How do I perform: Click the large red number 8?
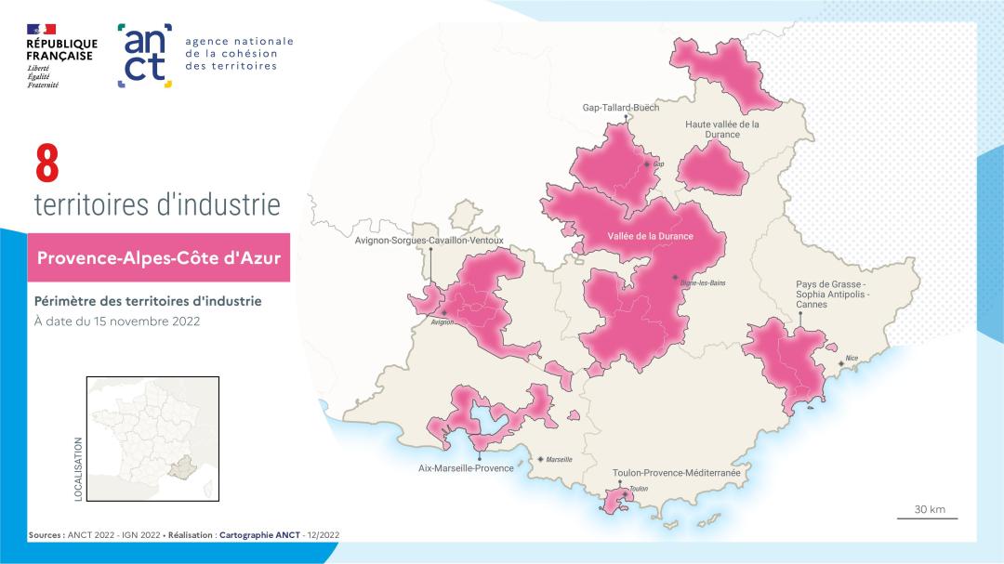pyautogui.click(x=46, y=164)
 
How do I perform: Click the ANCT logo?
pyautogui.click(x=144, y=56)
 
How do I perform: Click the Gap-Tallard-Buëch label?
pyautogui.click(x=620, y=107)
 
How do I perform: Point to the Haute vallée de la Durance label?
pyautogui.click(x=722, y=129)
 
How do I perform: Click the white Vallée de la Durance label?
pyautogui.click(x=650, y=236)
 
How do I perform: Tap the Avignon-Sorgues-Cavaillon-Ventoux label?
pyautogui.click(x=429, y=241)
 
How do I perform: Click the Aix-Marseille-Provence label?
pyautogui.click(x=466, y=468)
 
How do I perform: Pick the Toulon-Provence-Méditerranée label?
pyautogui.click(x=676, y=473)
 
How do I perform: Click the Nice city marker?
pyautogui.click(x=841, y=363)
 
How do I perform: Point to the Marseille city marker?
pyautogui.click(x=541, y=459)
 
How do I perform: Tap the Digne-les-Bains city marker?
pyautogui.click(x=675, y=277)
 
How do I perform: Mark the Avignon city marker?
pyautogui.click(x=444, y=313)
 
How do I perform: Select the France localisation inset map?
pyautogui.click(x=152, y=439)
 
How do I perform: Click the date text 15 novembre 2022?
pyautogui.click(x=116, y=321)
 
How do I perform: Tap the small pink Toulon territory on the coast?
pyautogui.click(x=614, y=503)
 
